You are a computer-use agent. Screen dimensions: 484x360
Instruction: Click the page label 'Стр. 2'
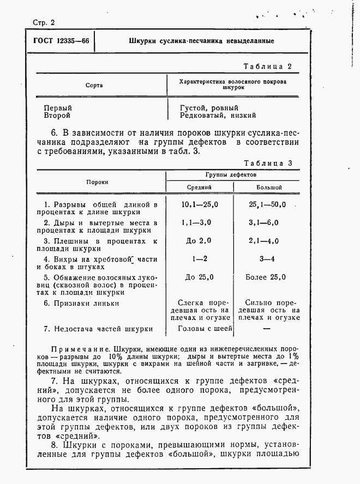pos(44,23)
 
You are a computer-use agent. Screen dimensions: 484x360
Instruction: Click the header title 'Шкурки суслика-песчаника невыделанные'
pos(201,41)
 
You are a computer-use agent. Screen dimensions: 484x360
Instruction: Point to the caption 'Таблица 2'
pos(268,66)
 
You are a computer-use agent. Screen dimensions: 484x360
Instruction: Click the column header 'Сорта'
pos(94,86)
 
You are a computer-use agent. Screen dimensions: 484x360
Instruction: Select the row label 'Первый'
pos(57,108)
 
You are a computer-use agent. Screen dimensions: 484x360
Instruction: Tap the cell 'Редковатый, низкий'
pos(218,116)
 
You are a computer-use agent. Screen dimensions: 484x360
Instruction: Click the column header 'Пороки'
pos(97,182)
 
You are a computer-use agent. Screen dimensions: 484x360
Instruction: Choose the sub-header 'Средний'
pos(200,187)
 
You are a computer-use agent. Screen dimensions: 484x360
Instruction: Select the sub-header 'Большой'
pos(269,187)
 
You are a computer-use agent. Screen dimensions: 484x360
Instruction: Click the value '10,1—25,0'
pos(199,204)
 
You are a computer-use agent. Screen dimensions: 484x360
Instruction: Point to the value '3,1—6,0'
pos(263,223)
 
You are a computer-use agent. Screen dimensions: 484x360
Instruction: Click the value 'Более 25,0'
pos(266,277)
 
